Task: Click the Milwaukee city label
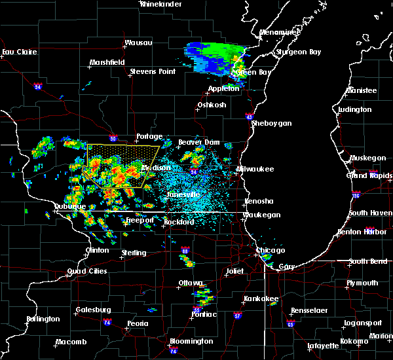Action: pos(255,168)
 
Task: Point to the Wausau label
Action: pos(138,43)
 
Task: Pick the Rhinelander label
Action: pos(160,4)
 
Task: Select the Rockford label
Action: pos(179,222)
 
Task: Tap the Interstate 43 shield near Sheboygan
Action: pos(250,116)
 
